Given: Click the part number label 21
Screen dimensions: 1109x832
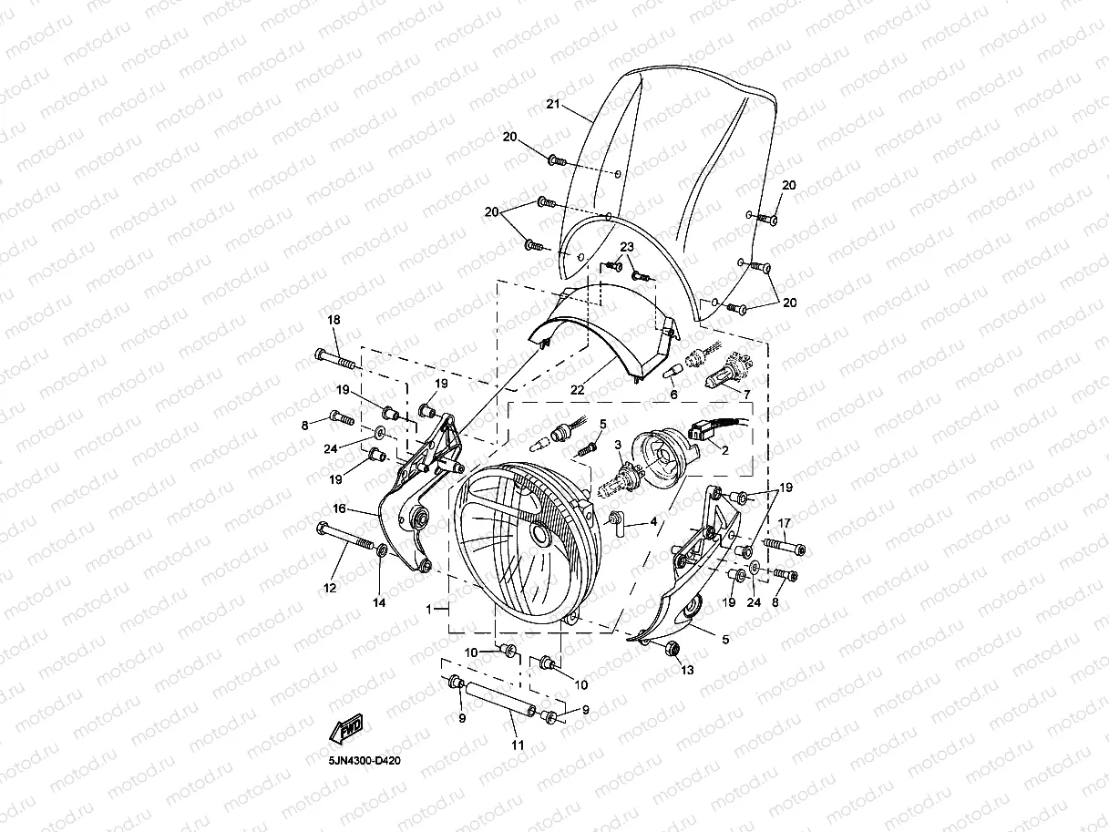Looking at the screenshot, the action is [552, 105].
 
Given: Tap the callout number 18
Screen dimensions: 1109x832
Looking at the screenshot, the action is [334, 320].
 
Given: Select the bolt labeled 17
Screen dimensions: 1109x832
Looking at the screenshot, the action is [784, 545].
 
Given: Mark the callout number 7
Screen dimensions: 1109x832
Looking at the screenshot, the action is [746, 394].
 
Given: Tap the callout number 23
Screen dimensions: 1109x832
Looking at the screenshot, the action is [627, 247].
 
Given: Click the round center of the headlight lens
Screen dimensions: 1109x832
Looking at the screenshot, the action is [541, 537].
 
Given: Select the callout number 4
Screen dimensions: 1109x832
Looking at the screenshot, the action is [652, 524].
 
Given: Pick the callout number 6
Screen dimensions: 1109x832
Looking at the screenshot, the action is [673, 395].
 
